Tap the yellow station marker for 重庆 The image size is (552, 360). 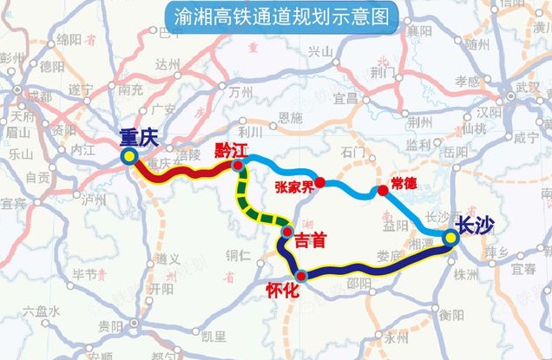[x=129, y=156]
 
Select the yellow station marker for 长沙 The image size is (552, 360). [x=451, y=237]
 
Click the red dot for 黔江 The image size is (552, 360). [x=237, y=162]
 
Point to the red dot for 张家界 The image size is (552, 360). [x=319, y=182]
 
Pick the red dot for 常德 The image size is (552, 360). [x=382, y=190]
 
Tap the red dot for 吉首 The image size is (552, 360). [x=286, y=232]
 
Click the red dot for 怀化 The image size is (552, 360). [x=301, y=276]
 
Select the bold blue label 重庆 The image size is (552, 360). [x=139, y=136]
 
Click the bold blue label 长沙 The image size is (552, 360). [x=474, y=226]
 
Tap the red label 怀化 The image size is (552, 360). [x=282, y=292]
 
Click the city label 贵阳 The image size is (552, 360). [x=110, y=326]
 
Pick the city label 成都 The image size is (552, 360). [x=38, y=95]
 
